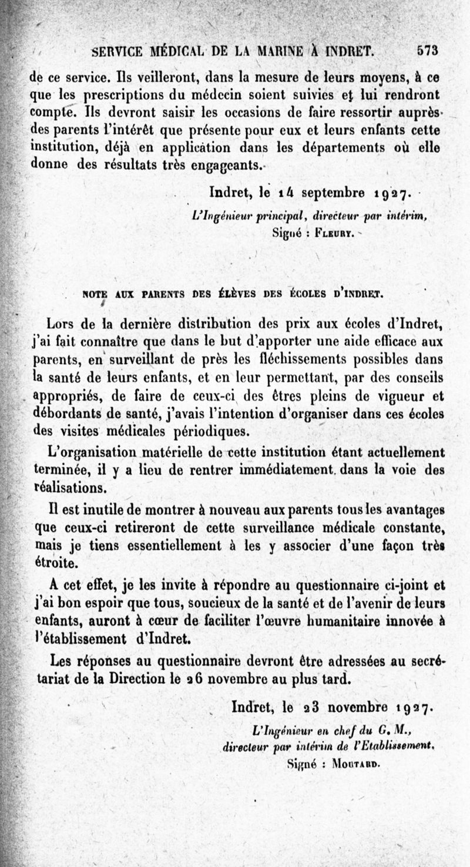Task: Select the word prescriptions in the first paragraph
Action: click(x=126, y=95)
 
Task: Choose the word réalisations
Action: click(x=70, y=488)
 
